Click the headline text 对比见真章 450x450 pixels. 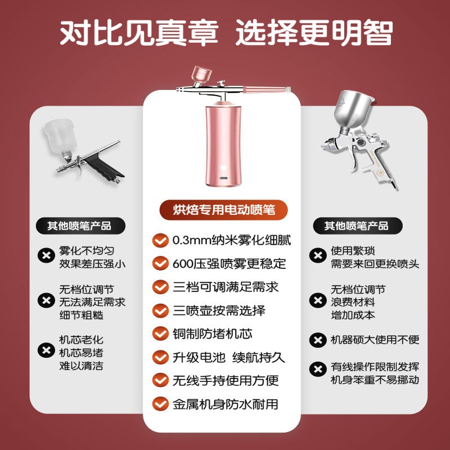(x=138, y=33)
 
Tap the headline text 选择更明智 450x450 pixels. (x=313, y=33)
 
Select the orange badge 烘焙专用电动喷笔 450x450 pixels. (x=224, y=210)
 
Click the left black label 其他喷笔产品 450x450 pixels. (x=79, y=226)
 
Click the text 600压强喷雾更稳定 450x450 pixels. (x=229, y=263)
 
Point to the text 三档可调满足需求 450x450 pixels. (x=225, y=287)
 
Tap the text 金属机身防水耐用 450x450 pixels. (x=225, y=404)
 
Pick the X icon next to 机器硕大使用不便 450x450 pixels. (x=318, y=340)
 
